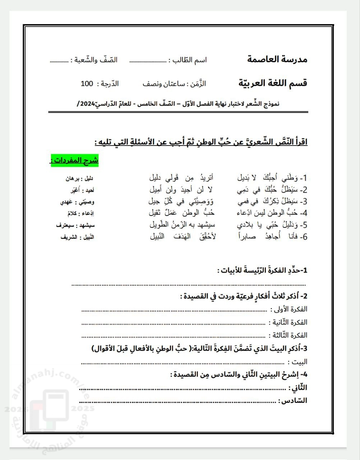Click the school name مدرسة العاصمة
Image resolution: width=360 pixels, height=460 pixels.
click(x=277, y=59)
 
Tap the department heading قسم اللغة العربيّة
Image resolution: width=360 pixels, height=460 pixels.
click(x=273, y=83)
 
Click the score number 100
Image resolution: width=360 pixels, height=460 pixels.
click(x=87, y=84)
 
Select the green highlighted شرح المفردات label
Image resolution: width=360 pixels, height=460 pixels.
click(x=74, y=160)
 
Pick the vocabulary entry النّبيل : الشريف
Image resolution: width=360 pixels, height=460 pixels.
click(x=77, y=237)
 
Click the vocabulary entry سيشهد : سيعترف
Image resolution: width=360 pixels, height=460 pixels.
click(x=75, y=225)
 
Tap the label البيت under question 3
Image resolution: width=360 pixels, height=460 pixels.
click(x=300, y=362)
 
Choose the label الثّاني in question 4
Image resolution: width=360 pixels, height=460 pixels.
click(x=298, y=388)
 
